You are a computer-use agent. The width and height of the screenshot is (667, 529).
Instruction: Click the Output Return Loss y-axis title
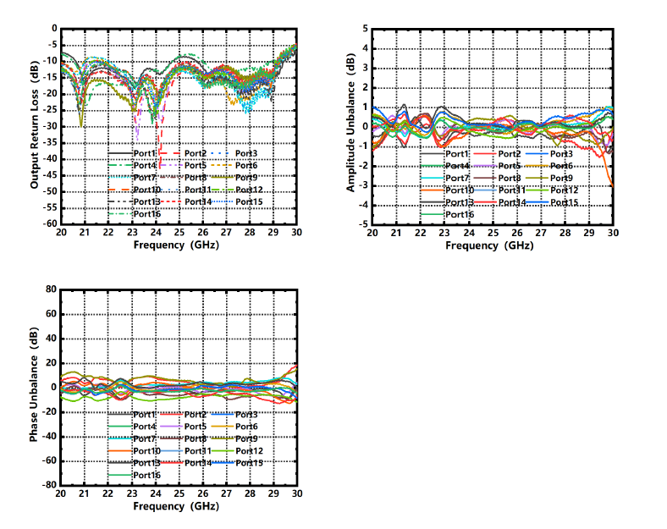(x=35, y=126)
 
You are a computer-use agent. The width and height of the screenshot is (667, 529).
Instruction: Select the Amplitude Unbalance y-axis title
(x=350, y=124)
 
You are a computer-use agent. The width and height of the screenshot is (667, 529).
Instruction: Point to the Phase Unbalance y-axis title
(x=35, y=387)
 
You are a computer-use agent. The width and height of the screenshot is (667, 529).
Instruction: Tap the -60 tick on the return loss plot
(x=51, y=224)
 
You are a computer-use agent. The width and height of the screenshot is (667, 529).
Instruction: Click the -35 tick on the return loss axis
(x=51, y=142)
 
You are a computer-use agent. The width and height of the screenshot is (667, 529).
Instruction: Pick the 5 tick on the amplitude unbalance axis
(x=365, y=29)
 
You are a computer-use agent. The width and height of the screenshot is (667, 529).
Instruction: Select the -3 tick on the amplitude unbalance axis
(x=363, y=185)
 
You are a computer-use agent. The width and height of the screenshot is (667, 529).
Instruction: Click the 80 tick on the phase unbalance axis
(x=51, y=289)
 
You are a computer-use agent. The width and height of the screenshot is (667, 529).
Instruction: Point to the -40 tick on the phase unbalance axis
(x=49, y=437)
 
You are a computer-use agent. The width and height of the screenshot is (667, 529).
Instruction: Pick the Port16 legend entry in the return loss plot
(x=146, y=213)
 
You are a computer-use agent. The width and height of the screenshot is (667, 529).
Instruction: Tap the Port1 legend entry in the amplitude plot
(x=457, y=154)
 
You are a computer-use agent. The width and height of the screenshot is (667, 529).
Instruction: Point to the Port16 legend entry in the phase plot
(x=146, y=475)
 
